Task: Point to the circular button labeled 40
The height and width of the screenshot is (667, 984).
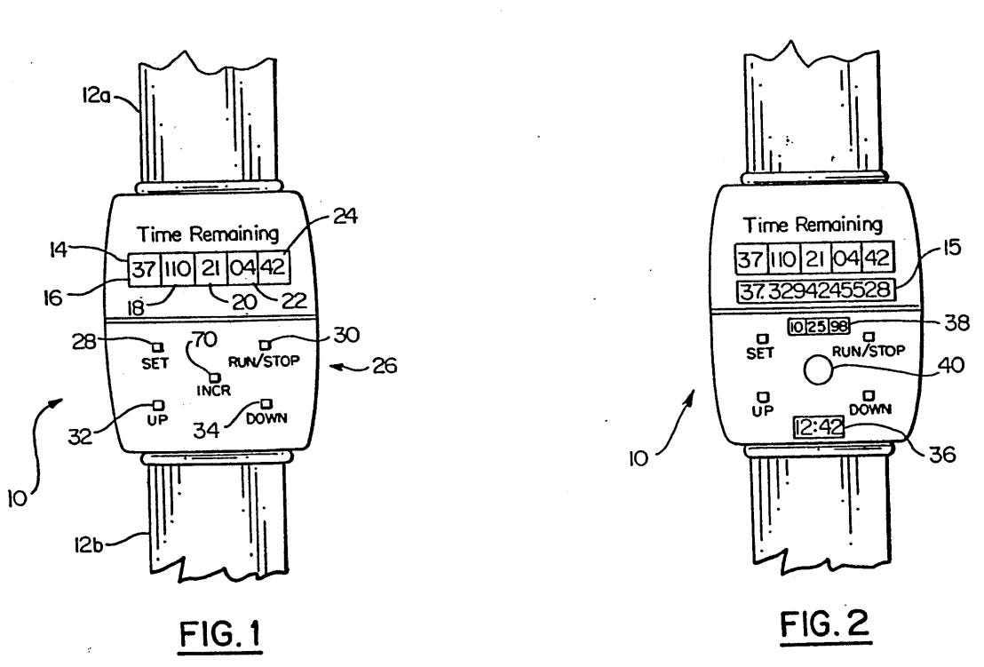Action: (815, 369)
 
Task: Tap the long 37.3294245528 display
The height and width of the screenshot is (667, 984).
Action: (814, 291)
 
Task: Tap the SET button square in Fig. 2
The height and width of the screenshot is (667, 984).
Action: (761, 338)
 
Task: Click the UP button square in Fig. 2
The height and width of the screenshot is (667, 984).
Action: (761, 396)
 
